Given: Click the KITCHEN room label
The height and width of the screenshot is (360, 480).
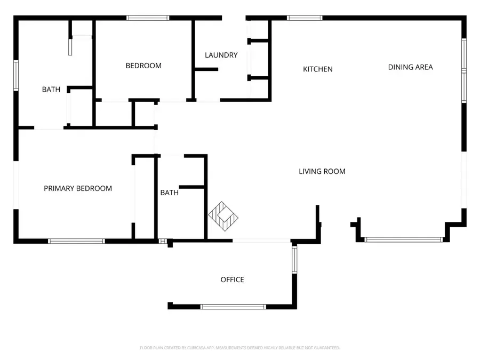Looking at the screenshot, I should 318,69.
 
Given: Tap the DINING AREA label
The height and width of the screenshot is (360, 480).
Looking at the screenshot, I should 410,67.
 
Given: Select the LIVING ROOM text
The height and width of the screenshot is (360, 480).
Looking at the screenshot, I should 322,171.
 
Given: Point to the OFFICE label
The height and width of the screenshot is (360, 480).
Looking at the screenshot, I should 232,279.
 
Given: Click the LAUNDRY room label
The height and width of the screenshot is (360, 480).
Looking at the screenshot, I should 221,55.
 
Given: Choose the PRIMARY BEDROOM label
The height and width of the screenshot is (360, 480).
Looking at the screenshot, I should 78,188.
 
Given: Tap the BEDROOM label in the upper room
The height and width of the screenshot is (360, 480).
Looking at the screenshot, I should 143,66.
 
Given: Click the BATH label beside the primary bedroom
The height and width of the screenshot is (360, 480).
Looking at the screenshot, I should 170,193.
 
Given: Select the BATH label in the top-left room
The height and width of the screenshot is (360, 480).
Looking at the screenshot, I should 51,90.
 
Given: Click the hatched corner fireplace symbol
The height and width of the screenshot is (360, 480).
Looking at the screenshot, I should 223,216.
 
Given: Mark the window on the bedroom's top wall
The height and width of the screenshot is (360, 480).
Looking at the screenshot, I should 148,18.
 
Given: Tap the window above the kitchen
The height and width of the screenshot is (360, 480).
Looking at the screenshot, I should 305,18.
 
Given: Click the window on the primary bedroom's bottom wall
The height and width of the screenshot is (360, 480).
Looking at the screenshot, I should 76,241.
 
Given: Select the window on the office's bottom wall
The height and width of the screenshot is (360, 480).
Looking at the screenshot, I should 233,307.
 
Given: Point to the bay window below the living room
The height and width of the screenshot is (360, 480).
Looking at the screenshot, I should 404,240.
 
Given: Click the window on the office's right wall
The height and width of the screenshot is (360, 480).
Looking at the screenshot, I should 294,260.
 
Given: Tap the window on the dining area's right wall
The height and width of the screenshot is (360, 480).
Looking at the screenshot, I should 464,70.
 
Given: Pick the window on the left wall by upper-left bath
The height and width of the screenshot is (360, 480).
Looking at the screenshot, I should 16,76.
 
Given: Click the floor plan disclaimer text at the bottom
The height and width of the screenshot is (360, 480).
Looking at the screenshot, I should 239,348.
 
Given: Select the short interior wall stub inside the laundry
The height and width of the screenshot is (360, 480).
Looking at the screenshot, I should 206,69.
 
